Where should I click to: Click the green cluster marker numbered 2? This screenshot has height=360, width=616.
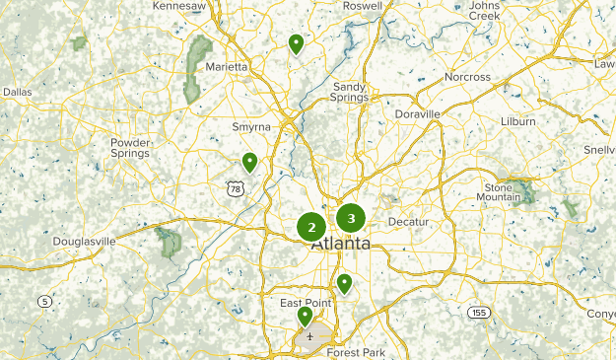311,228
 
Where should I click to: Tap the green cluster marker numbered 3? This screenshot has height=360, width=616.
351,218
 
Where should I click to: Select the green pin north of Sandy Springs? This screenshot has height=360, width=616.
296,43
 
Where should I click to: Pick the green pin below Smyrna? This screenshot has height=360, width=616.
250,162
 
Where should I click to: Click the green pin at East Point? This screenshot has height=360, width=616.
306,317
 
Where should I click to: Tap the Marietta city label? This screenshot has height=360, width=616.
227,66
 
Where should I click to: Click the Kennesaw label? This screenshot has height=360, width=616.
180,6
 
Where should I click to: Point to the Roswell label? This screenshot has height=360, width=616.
363,6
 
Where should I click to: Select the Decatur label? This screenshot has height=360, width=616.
409,222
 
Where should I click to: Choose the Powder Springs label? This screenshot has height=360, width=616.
130,148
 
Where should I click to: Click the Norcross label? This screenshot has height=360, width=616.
466,77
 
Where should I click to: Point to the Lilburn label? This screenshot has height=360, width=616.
517,121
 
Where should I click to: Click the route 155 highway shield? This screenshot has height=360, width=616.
479,312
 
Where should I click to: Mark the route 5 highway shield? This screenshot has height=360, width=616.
44,300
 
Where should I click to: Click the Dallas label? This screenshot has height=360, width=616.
17,92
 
